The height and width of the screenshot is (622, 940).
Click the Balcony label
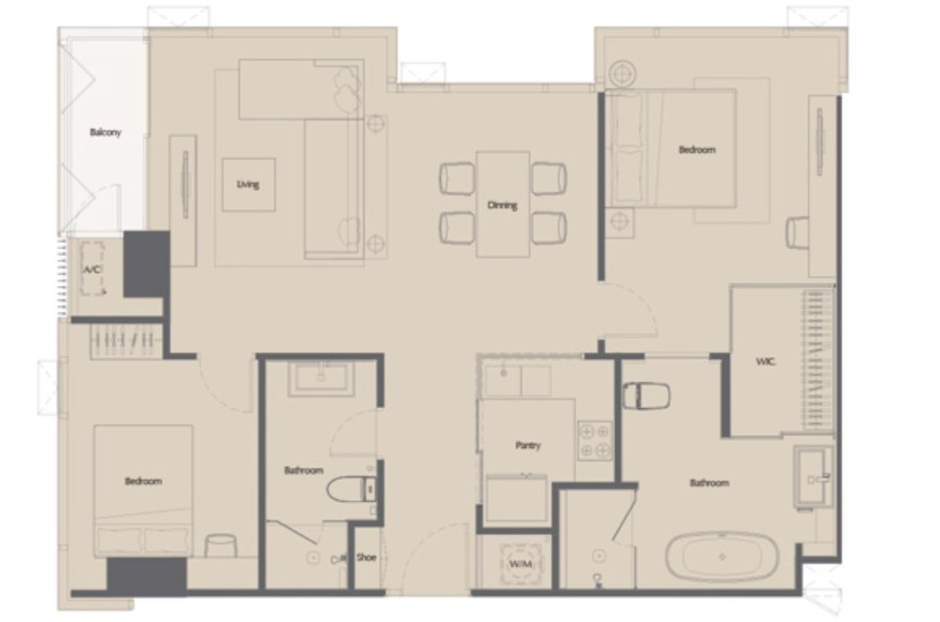(x=105, y=133)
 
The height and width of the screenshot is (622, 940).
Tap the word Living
(x=248, y=185)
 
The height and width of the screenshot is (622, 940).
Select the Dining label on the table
(x=502, y=205)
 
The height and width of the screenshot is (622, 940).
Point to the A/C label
(x=93, y=270)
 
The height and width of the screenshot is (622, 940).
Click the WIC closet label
(x=765, y=362)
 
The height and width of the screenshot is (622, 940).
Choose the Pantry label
(x=528, y=445)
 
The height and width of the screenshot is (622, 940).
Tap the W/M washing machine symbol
(x=515, y=564)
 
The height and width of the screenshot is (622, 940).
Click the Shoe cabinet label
(x=366, y=558)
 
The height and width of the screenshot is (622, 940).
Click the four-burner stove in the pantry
(x=595, y=440)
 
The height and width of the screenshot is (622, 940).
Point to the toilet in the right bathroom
(x=645, y=396)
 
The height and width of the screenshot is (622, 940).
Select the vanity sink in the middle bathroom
(x=321, y=379)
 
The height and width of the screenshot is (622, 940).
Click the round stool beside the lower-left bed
(x=221, y=546)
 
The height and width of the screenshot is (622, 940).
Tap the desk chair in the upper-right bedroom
(x=798, y=233)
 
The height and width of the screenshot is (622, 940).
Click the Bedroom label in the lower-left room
(x=143, y=481)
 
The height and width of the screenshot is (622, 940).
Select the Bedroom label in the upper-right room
(x=696, y=149)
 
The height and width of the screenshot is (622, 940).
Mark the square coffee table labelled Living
(x=248, y=185)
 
